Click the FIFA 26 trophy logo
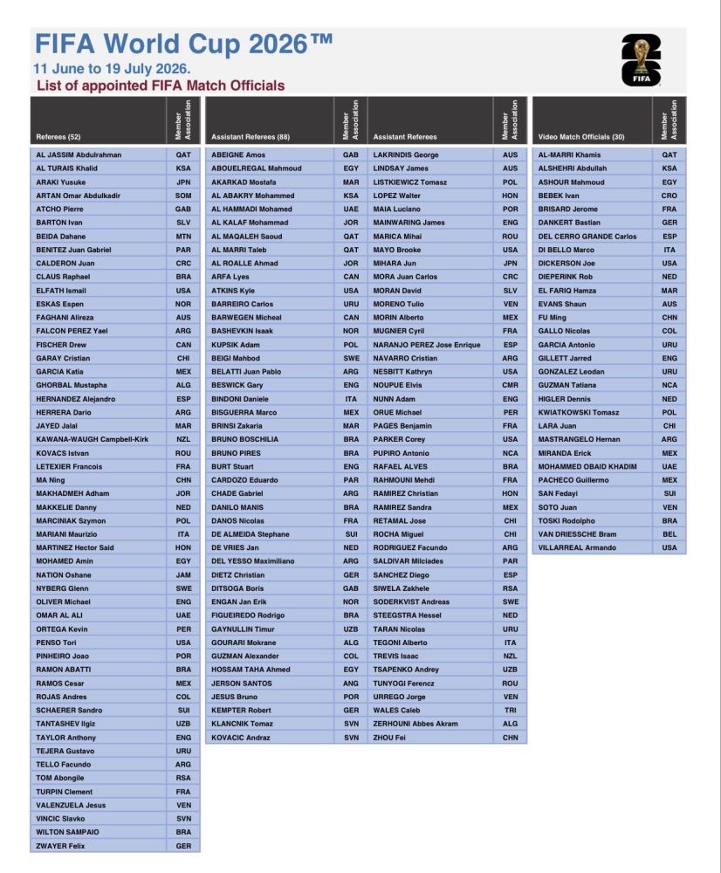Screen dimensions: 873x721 642,59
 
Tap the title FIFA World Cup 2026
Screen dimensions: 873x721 183,44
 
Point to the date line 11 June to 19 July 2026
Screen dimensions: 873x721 113,68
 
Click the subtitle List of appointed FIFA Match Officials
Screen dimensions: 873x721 161,86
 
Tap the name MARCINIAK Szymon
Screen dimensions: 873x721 72,520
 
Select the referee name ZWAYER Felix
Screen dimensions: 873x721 60,846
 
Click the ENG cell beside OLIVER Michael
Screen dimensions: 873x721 183,602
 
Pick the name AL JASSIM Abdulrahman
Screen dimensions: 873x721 79,155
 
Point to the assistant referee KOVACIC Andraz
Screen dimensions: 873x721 241,738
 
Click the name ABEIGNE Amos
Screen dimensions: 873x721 232,155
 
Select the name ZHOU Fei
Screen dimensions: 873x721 390,738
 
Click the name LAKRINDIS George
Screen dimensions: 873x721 406,155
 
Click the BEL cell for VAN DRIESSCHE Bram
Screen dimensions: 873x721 669,534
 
